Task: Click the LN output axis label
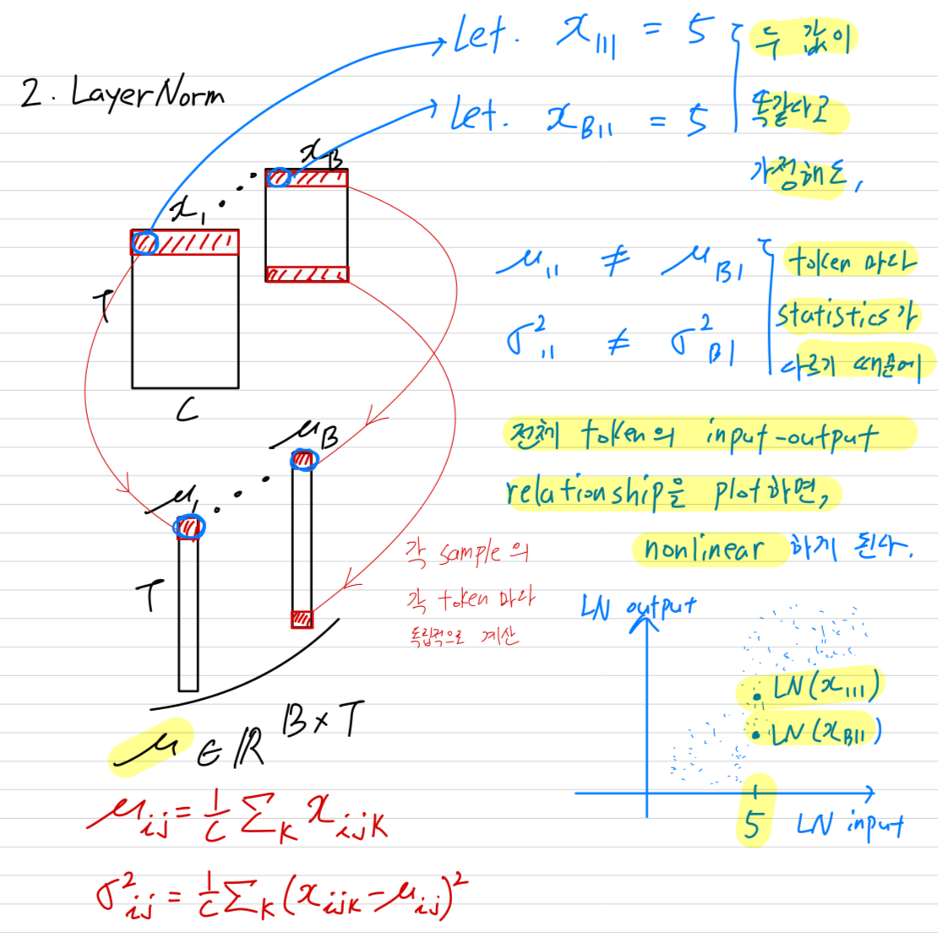(x=640, y=606)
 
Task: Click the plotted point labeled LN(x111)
(x=757, y=696)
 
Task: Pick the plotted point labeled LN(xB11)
(x=757, y=734)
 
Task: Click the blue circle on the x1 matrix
(x=145, y=243)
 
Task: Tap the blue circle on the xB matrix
(x=279, y=178)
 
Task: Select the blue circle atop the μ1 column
(x=189, y=528)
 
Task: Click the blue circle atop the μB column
(x=303, y=460)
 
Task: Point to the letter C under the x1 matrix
(x=187, y=410)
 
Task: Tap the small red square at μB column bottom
(x=302, y=619)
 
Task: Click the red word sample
(x=470, y=554)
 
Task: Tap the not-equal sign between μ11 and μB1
(x=616, y=263)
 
